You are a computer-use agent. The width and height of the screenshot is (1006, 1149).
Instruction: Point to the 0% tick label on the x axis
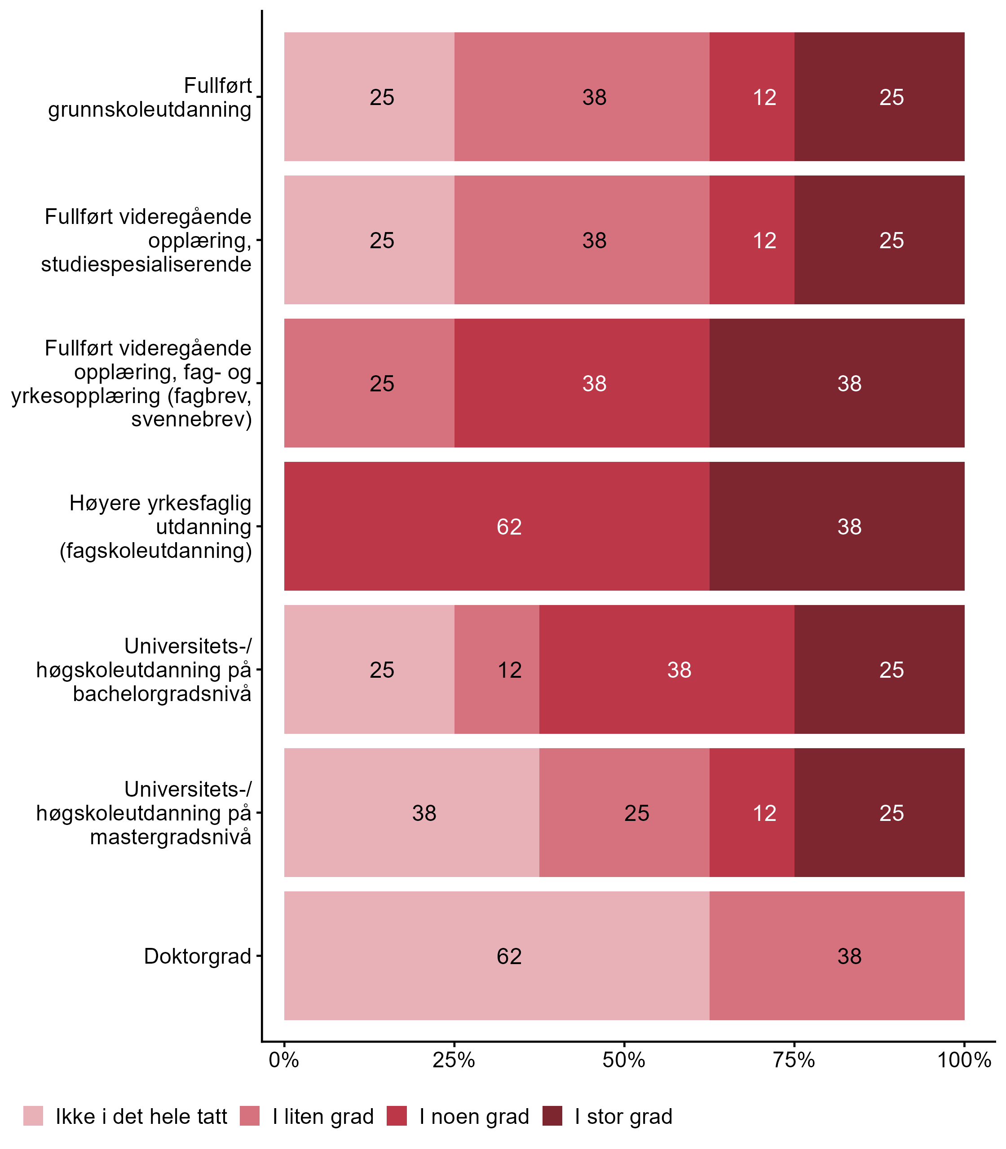pyautogui.click(x=283, y=1060)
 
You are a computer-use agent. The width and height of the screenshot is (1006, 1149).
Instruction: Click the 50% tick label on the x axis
pyautogui.click(x=624, y=1060)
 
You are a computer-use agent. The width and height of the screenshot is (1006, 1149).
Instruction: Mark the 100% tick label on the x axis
pyautogui.click(x=964, y=1060)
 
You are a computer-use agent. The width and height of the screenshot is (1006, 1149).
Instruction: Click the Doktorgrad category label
pyautogui.click(x=197, y=956)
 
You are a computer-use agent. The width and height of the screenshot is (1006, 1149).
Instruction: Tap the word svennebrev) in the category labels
pyautogui.click(x=191, y=419)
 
